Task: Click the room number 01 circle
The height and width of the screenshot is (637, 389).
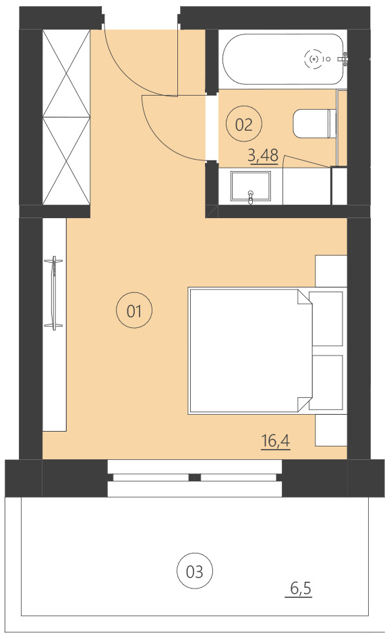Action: (x=135, y=311)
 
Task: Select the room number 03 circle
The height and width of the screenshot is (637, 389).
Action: (x=194, y=572)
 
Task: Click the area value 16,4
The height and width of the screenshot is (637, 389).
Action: (x=275, y=441)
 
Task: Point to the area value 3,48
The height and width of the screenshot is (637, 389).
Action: (x=263, y=156)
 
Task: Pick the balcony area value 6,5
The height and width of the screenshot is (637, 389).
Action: (x=301, y=589)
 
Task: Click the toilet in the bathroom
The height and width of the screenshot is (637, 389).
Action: (x=314, y=123)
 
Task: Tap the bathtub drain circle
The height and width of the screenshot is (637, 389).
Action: (x=313, y=59)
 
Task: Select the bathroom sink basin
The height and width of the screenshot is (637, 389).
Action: (x=250, y=186)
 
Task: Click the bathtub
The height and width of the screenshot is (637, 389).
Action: (x=283, y=59)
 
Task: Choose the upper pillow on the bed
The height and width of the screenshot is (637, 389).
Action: (x=328, y=319)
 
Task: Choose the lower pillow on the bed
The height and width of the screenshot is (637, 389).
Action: (x=328, y=382)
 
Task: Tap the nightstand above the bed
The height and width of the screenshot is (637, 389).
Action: (x=331, y=271)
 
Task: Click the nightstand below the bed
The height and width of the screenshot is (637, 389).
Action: (x=331, y=430)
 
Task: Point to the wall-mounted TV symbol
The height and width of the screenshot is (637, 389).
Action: (x=53, y=293)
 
